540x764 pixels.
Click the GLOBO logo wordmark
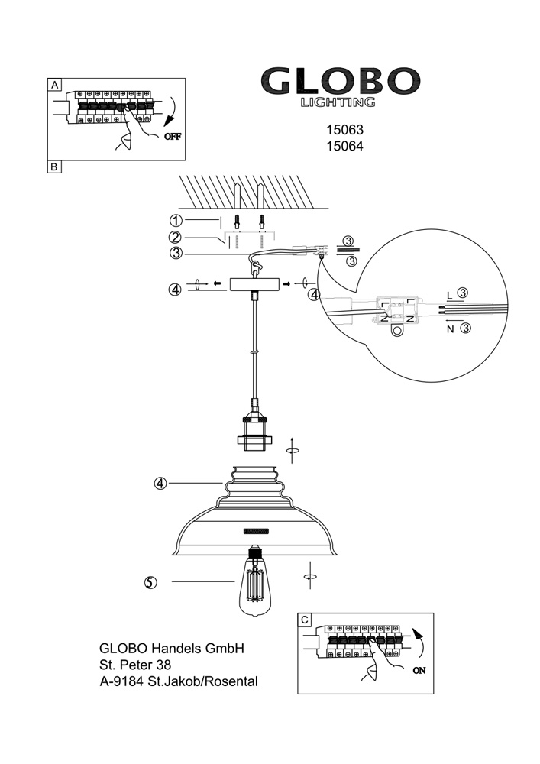[341, 82]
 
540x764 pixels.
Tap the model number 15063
[344, 130]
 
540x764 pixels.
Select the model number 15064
[344, 146]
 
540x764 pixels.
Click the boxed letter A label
[54, 85]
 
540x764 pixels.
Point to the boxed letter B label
[54, 167]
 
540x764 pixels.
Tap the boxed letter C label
[305, 620]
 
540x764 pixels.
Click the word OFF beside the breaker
[173, 137]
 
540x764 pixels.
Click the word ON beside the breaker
[419, 671]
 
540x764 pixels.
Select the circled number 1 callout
[176, 221]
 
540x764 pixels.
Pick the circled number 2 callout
[176, 238]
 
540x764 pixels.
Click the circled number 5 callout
[151, 582]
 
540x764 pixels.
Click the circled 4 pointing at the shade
[160, 484]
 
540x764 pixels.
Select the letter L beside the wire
[449, 296]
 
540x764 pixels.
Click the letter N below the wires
[451, 329]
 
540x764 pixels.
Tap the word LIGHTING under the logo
[338, 102]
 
